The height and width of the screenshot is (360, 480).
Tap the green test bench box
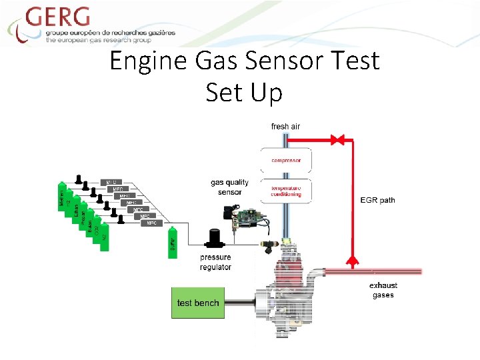coord(197,303)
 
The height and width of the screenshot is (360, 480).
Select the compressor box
coord(286,160)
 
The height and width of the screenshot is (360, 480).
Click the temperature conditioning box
coord(286,190)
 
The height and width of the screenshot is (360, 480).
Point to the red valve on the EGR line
coord(338,140)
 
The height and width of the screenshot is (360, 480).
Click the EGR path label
coord(377,200)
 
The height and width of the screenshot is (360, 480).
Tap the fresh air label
coord(285,127)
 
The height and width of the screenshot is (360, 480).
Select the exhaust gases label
coord(383,290)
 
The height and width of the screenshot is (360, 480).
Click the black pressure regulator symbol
coord(215,238)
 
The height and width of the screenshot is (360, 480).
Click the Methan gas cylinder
coord(63,198)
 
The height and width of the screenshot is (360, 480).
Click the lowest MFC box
coord(152,223)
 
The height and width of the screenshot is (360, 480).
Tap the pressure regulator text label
coord(215,262)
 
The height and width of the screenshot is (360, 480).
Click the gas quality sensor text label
coord(229,187)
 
